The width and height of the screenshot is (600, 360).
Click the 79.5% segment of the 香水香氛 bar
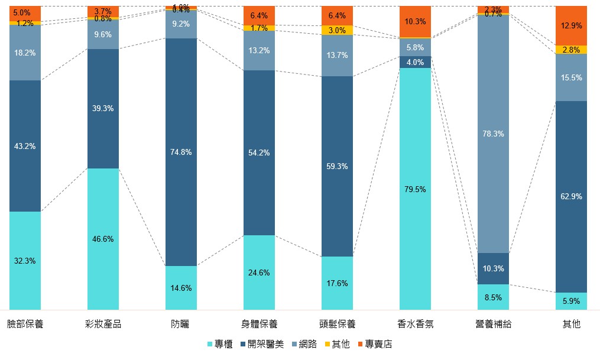(x=415, y=189)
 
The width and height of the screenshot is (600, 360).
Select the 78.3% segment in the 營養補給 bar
(x=493, y=134)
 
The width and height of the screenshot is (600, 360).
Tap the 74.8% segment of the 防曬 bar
(x=181, y=152)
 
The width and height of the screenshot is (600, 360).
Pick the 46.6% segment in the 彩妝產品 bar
(x=103, y=239)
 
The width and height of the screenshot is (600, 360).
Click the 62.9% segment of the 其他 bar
(x=571, y=196)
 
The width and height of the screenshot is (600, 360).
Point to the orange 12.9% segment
(x=571, y=25)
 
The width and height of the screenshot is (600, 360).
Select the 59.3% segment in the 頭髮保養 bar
(x=337, y=166)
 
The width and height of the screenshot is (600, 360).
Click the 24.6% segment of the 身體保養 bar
(x=259, y=273)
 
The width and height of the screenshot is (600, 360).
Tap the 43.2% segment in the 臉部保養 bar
(x=25, y=146)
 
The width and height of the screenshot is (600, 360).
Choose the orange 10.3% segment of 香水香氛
(x=415, y=21)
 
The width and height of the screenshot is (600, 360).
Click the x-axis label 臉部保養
(x=25, y=324)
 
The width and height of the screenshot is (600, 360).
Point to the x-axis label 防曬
(x=181, y=324)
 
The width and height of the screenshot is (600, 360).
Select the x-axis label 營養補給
(x=493, y=324)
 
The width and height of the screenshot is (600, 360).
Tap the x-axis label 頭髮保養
(x=337, y=324)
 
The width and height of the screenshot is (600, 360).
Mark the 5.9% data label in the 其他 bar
(x=571, y=301)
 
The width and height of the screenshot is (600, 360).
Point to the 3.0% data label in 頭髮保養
(x=337, y=30)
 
